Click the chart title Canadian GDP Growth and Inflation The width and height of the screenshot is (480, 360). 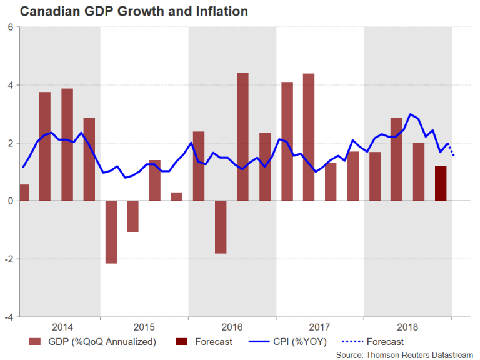coord(125,12)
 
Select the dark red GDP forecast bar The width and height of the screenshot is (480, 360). coord(441,183)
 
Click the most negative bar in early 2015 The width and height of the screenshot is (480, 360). coord(111,232)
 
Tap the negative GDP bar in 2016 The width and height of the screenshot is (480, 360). coord(221,227)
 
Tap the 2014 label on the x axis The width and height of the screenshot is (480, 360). coord(62,327)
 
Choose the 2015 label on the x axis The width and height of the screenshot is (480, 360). coord(144,327)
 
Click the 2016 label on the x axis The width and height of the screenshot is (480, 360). coord(232,327)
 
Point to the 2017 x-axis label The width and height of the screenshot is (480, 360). coord(320,327)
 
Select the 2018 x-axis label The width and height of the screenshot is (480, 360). coord(407,327)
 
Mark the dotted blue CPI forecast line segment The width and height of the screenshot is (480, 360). coord(451,149)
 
